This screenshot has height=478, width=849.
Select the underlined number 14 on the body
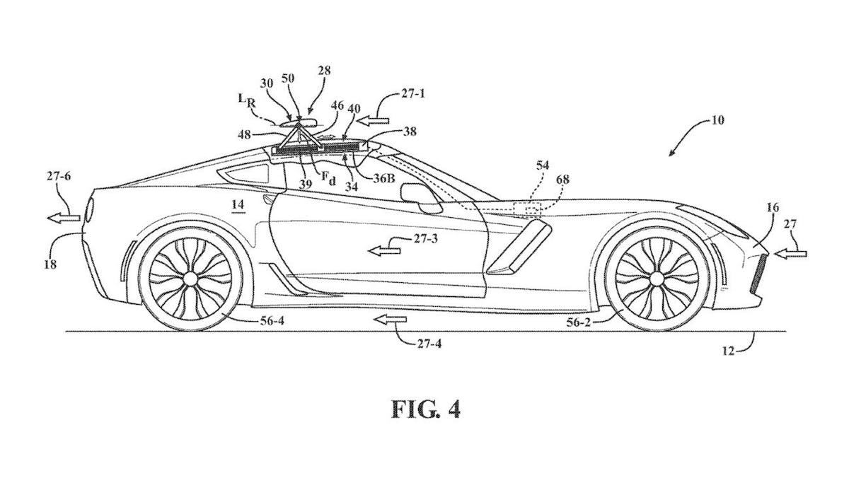click(236, 204)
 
